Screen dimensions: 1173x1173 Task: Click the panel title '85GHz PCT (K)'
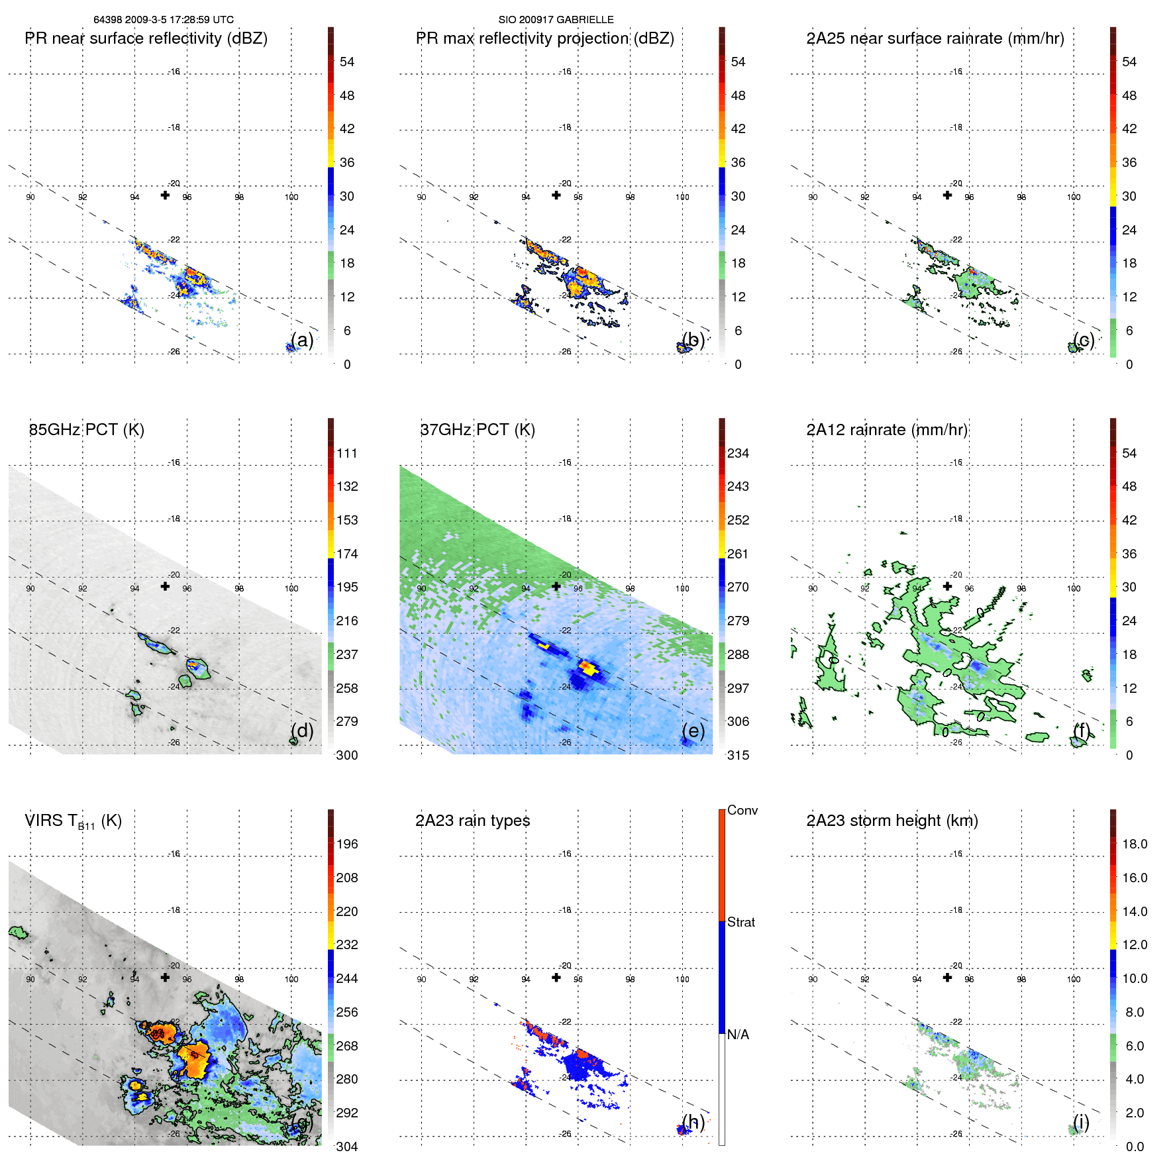86,430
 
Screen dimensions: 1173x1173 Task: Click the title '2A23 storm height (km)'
892,821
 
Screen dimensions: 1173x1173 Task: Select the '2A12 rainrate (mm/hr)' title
887,430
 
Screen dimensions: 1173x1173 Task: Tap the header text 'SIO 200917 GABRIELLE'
556,20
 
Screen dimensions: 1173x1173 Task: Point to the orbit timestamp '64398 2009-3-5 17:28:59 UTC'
164,20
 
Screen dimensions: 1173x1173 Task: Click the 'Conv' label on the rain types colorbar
742,810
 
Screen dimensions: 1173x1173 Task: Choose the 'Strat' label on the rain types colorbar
741,922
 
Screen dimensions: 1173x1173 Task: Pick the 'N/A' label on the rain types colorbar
738,1035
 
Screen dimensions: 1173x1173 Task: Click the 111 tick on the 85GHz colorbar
347,453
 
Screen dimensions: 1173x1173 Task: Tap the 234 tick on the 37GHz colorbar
738,453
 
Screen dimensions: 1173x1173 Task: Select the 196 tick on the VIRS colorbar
347,844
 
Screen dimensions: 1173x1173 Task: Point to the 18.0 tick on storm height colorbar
1135,844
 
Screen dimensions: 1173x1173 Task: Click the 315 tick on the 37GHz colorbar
738,755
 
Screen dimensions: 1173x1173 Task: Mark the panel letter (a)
302,340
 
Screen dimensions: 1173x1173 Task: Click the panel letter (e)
693,731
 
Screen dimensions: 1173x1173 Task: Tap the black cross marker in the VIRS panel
165,977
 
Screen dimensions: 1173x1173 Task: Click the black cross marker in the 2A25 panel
947,195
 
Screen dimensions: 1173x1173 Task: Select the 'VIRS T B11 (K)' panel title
73,821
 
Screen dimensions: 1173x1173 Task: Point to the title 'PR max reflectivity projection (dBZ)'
544,38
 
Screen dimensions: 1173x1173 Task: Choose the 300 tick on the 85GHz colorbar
347,755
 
